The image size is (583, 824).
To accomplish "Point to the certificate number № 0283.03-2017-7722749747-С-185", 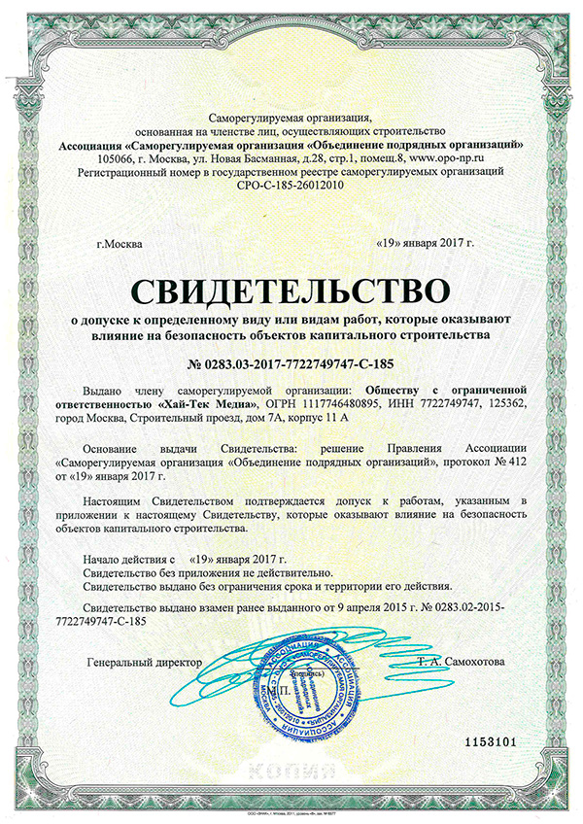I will (x=291, y=364).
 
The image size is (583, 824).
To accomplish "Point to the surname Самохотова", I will (x=471, y=662).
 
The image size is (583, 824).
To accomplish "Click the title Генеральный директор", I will (x=145, y=662).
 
